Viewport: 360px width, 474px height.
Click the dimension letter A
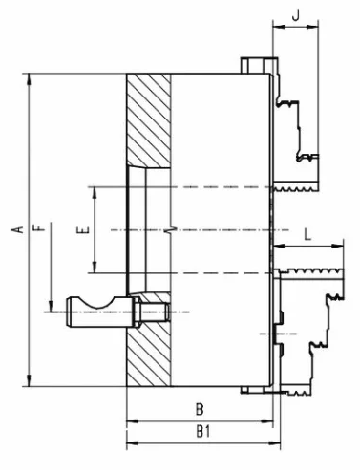19,229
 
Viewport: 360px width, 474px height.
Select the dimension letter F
38,227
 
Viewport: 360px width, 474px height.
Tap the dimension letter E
83,230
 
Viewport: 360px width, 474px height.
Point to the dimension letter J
296,15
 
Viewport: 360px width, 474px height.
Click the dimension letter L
307,235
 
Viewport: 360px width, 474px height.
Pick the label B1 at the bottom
203,432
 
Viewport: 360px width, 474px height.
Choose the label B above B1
200,409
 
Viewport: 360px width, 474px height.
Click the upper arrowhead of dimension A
30,79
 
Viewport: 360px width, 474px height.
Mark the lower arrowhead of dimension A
30,380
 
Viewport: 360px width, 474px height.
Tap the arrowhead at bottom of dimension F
51,306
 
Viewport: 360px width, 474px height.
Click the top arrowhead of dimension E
95,192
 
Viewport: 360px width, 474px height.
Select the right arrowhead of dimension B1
275,443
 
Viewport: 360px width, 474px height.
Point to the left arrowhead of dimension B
133,421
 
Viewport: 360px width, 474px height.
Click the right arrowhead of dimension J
312,28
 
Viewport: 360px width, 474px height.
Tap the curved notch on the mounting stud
96,303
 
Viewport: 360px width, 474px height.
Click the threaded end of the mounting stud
156,312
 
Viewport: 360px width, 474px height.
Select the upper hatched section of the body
149,121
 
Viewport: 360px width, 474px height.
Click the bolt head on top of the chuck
255,65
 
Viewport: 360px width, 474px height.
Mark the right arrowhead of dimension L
338,246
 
